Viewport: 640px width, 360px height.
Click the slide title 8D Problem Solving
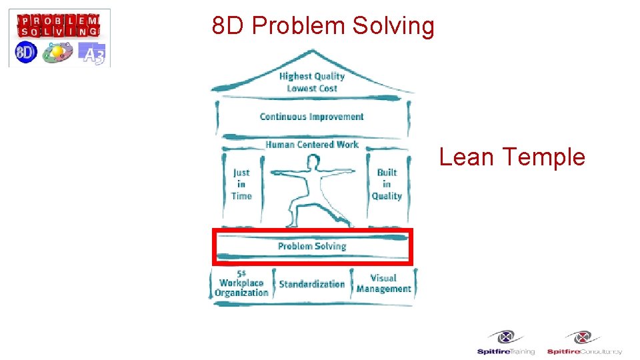(323, 26)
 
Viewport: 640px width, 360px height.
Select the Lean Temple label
(512, 157)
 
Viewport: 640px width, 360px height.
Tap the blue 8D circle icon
(25, 53)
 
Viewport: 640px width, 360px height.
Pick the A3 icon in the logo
(92, 53)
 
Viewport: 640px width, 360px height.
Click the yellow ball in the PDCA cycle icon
(57, 50)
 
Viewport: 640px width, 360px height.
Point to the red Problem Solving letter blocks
(59, 25)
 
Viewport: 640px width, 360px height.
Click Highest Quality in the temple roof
(311, 76)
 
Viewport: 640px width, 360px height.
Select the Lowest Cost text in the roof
(311, 89)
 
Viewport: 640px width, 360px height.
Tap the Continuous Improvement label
(311, 117)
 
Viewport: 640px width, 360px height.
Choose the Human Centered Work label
(311, 144)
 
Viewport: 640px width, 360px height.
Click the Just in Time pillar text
(241, 184)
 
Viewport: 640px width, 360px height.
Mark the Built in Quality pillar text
(387, 184)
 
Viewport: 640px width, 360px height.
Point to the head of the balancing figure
(311, 161)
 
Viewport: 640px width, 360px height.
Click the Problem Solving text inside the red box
(312, 246)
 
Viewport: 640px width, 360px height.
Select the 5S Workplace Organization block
(241, 284)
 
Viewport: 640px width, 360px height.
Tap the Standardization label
(311, 284)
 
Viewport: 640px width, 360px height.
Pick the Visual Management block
(383, 283)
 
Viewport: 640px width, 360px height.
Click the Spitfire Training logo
(505, 343)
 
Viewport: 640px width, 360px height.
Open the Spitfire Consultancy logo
(584, 343)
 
